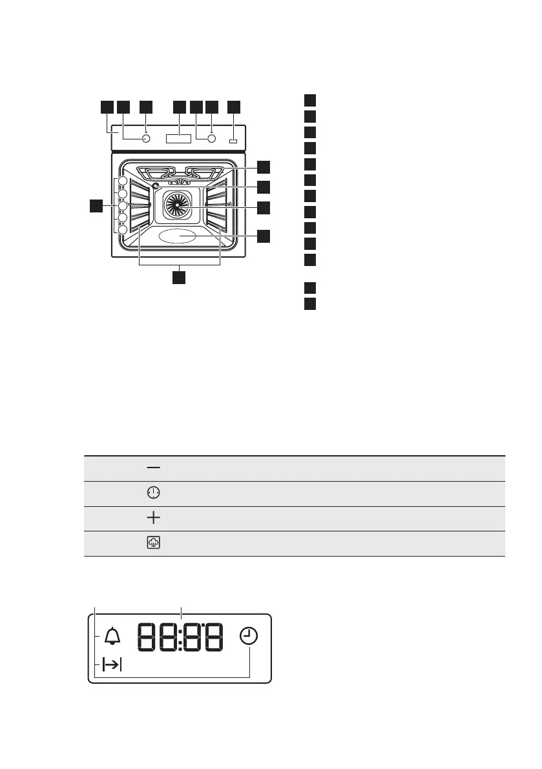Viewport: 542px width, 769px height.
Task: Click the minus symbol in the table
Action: (x=153, y=467)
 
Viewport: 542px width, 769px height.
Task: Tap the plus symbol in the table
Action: (x=153, y=518)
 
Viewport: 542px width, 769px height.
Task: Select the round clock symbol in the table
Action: (x=153, y=493)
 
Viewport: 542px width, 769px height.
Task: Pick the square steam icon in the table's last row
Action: (x=153, y=543)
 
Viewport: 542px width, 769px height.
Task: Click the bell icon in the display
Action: (x=112, y=637)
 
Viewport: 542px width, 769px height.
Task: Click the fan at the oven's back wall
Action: (x=175, y=205)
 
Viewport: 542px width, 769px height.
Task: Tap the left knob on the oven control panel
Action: (x=145, y=138)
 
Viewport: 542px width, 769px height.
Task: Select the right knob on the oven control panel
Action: (x=211, y=138)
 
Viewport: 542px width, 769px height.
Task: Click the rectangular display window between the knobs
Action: (x=178, y=138)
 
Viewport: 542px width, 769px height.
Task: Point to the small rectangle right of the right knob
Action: (x=233, y=139)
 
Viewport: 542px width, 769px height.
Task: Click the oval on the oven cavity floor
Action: (x=178, y=236)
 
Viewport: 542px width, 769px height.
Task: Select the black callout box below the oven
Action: (x=179, y=277)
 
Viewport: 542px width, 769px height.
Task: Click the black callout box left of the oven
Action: (x=96, y=206)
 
